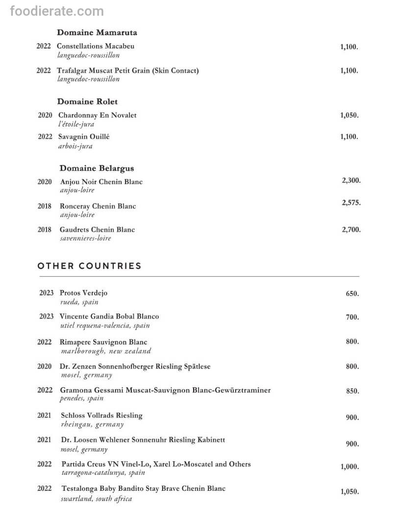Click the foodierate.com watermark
coord(57,11)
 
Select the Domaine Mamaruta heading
coord(97,33)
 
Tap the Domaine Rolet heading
coord(87,102)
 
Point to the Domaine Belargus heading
coord(97,168)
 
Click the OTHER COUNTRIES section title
coord(89,266)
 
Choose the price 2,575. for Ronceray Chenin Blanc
coord(351,202)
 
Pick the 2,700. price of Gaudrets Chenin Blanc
coord(351,229)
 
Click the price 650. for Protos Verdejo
coord(352,294)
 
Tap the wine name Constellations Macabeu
coord(96,46)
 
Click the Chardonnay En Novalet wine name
coord(98,115)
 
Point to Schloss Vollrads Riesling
coord(102,416)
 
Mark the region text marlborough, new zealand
coord(106,351)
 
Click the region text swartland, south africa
coord(97,499)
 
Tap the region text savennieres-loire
coord(85,238)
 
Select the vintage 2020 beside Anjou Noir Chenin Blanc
coord(45,182)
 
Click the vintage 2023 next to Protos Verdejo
coord(47,293)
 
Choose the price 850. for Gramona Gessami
coord(352,392)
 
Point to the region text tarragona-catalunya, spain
coord(103,473)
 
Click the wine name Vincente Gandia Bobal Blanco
coord(109,317)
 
